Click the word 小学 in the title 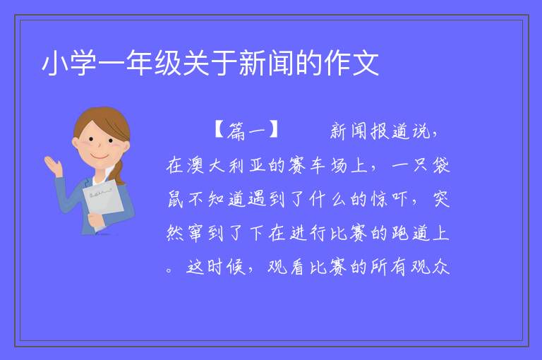pos(69,63)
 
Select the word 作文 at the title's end pos(351,63)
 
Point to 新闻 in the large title pos(267,63)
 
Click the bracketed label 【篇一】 pos(247,131)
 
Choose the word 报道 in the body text pos(390,131)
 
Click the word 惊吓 pos(390,199)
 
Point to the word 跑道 pos(411,232)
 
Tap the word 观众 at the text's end pos(430,267)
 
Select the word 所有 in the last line pos(390,267)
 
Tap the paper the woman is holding pos(103,202)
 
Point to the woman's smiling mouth pos(100,156)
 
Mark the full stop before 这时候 pos(169,270)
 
